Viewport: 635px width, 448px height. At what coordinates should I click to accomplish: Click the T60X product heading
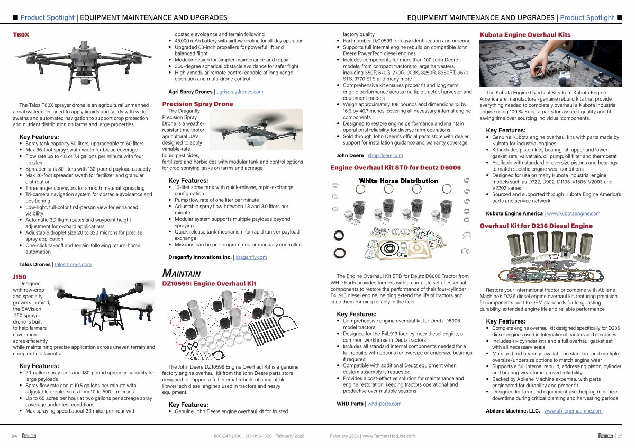point(21,35)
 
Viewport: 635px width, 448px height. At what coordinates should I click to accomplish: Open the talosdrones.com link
point(73,264)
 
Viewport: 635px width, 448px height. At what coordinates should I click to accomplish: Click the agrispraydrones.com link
point(240,92)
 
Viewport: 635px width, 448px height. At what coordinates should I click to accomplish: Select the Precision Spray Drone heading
point(197,104)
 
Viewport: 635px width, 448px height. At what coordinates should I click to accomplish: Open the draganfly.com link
point(251,257)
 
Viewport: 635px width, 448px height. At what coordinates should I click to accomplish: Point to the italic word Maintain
point(182,273)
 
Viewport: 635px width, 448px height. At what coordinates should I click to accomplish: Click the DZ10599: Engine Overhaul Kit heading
point(209,284)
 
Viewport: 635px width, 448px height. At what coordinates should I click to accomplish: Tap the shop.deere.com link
point(385,155)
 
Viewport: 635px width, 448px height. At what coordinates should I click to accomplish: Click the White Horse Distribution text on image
point(398,181)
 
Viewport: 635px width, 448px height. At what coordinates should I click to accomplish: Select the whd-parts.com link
point(384,404)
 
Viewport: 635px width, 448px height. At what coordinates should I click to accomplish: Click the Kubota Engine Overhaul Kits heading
point(525,35)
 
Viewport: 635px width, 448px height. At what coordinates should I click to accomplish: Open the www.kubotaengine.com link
point(573,213)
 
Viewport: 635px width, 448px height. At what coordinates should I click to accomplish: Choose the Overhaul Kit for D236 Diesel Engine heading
point(536,226)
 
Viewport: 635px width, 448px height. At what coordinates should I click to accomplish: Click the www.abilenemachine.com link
point(573,411)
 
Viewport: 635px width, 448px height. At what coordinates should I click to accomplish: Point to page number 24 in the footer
point(14,436)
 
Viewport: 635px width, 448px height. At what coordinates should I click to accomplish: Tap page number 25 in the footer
point(620,436)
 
